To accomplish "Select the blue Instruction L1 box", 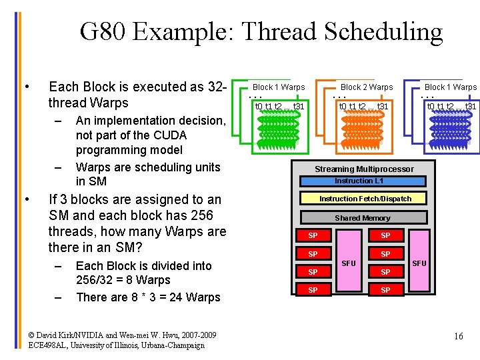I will click(x=363, y=181).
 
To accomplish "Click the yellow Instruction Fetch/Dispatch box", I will click(x=365, y=198).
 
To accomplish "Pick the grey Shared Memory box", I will click(x=363, y=217).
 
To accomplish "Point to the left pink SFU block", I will click(x=349, y=263).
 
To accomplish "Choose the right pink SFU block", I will click(x=419, y=263).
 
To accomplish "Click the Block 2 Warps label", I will click(x=367, y=87).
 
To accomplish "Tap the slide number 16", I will click(x=458, y=336).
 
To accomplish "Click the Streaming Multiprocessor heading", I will click(x=364, y=169).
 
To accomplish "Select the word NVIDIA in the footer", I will click(x=78, y=335).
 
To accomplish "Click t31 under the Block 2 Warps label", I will click(x=383, y=106).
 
